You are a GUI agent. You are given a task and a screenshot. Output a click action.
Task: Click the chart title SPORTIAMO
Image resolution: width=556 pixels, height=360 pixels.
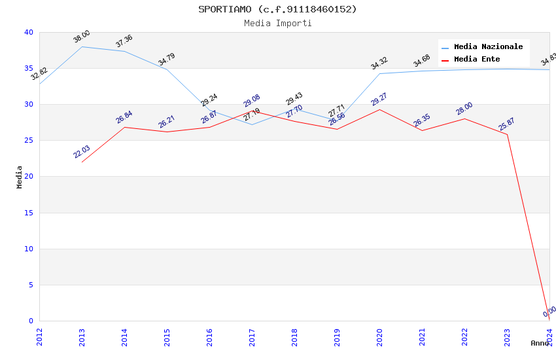[277, 9]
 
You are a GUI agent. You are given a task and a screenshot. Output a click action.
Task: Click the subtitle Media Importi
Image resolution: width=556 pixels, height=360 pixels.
[277, 24]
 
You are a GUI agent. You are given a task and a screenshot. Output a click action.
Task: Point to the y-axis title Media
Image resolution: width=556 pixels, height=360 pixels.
[20, 177]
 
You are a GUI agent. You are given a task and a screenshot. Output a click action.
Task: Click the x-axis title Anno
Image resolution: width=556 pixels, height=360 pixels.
[540, 343]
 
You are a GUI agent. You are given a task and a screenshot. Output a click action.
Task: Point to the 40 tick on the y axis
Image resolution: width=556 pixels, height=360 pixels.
[28, 32]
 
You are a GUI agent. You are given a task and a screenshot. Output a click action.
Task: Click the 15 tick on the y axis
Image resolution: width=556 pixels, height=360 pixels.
[28, 213]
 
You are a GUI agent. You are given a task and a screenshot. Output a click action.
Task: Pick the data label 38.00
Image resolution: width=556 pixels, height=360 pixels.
[82, 37]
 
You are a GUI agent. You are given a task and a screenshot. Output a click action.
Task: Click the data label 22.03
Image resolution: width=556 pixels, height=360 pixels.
[82, 152]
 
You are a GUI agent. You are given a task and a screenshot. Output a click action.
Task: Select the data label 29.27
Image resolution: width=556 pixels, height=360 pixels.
[379, 99]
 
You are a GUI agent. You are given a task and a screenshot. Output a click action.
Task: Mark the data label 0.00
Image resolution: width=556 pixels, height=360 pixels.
[549, 312]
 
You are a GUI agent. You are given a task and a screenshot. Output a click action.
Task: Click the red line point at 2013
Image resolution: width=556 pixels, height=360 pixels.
[82, 162]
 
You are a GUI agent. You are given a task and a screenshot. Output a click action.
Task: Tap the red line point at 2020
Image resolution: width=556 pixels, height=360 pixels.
[379, 109]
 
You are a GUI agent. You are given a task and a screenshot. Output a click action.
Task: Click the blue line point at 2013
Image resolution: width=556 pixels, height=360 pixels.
[82, 46]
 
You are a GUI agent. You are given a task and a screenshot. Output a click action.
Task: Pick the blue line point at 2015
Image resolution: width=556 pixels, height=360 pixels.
[167, 69]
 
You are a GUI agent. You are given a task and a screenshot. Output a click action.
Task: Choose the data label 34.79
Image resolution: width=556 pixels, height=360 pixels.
[167, 60]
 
